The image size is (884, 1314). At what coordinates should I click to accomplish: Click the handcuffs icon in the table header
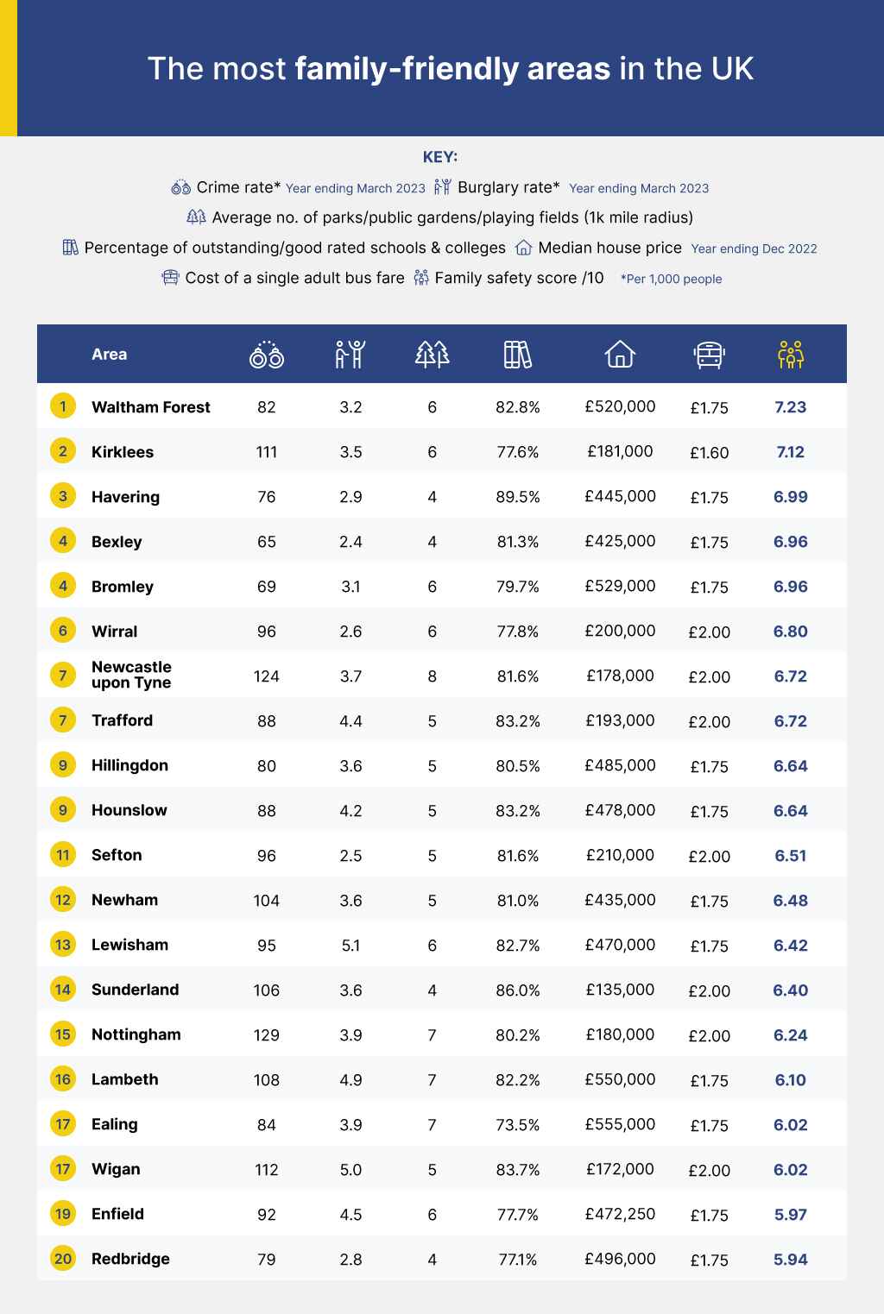[267, 354]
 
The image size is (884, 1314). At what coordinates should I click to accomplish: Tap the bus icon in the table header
[709, 355]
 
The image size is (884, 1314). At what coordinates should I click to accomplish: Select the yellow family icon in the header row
[791, 354]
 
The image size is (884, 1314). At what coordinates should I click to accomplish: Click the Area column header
[109, 354]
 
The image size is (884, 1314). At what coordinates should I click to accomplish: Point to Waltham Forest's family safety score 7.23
[791, 407]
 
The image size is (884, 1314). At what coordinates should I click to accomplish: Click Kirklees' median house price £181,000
[620, 451]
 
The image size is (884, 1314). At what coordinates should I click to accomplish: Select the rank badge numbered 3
[63, 496]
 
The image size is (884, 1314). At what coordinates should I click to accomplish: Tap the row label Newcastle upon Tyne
[131, 675]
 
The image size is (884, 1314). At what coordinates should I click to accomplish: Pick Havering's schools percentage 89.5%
[518, 497]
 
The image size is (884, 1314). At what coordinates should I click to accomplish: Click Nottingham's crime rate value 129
[267, 1035]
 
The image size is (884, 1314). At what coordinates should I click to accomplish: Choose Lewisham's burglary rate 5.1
[350, 946]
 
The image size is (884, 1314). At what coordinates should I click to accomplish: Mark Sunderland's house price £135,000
[620, 990]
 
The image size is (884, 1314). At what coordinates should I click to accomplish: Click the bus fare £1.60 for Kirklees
[709, 452]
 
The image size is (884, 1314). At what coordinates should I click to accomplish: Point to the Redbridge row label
[130, 1259]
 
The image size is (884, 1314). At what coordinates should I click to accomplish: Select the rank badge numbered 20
[63, 1259]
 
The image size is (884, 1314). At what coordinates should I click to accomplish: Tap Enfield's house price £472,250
[620, 1214]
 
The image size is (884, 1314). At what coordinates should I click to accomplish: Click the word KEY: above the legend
[440, 157]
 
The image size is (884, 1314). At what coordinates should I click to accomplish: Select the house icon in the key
[523, 248]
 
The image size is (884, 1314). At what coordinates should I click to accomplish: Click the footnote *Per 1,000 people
[671, 279]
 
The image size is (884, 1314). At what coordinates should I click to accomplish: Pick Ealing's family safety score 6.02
[791, 1125]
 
